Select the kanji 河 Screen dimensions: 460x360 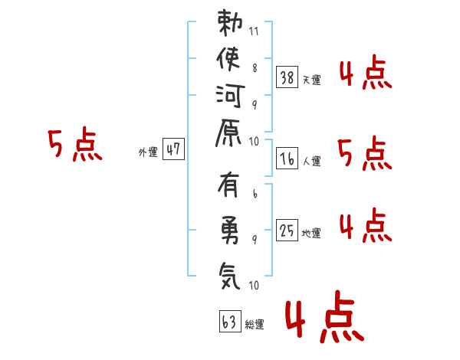point(230,96)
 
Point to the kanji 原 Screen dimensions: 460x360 point(228,133)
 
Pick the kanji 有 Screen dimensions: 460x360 point(228,185)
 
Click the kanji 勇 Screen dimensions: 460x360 point(230,230)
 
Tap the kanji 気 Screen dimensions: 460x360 point(230,276)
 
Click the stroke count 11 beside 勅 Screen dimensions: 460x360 point(254,31)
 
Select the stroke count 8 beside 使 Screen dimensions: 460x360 point(255,68)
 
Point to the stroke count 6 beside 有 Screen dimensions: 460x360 point(255,194)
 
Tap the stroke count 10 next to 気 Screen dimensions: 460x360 point(254,285)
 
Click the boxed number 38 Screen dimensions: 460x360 point(287,77)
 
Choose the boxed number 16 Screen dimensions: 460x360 point(287,159)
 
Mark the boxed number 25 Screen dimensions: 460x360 point(287,230)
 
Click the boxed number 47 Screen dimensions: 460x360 point(173,149)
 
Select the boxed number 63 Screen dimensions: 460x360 point(230,321)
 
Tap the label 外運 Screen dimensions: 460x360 point(148,152)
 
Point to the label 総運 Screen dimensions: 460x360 point(255,325)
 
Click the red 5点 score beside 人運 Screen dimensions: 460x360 point(365,153)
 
